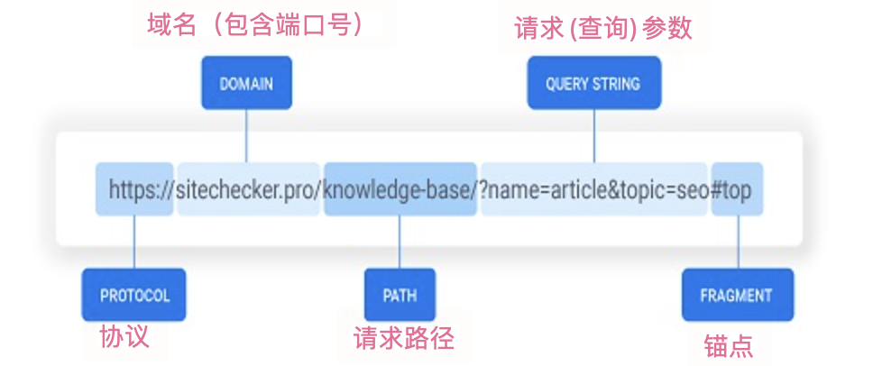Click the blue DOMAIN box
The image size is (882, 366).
click(246, 83)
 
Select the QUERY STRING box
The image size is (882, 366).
click(593, 83)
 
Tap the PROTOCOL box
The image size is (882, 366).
click(134, 295)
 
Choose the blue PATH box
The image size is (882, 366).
click(400, 295)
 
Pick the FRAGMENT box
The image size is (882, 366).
click(737, 295)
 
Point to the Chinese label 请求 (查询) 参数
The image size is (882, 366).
click(602, 28)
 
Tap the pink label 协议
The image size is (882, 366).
click(124, 337)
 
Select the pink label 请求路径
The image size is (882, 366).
click(403, 338)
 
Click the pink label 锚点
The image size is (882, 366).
click(728, 345)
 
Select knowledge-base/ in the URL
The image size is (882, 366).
click(400, 189)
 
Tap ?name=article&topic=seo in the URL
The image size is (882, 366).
click(593, 189)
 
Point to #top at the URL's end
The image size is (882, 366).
click(737, 189)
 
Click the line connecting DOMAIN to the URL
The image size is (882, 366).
click(246, 135)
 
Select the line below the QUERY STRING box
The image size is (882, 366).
click(593, 135)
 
